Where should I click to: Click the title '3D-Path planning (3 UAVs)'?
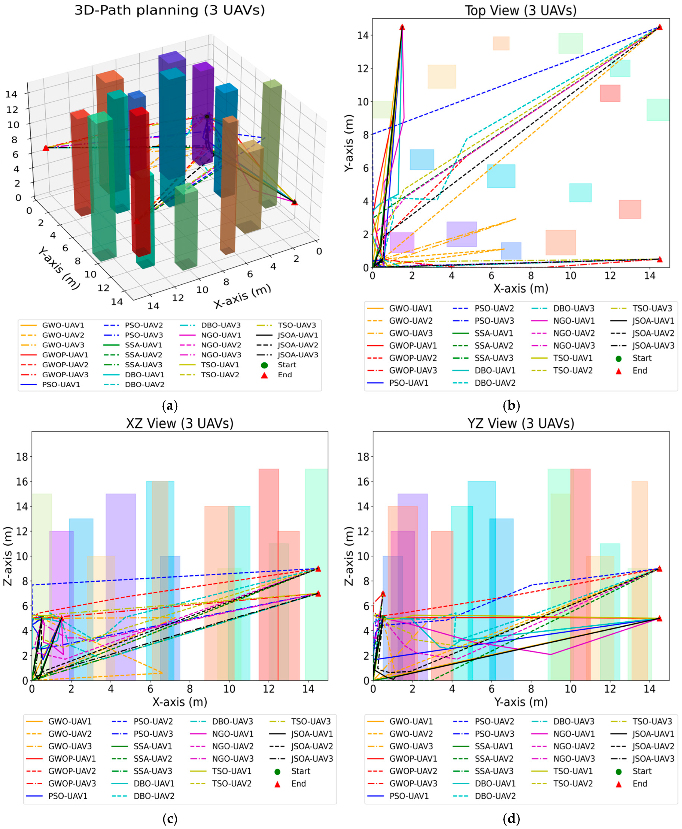[170, 10]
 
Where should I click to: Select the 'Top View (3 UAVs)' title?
[521, 10]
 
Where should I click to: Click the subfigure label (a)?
[170, 405]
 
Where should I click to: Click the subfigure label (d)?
[511, 818]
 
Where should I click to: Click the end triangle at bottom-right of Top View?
[660, 259]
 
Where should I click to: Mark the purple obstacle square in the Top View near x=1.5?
[402, 242]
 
